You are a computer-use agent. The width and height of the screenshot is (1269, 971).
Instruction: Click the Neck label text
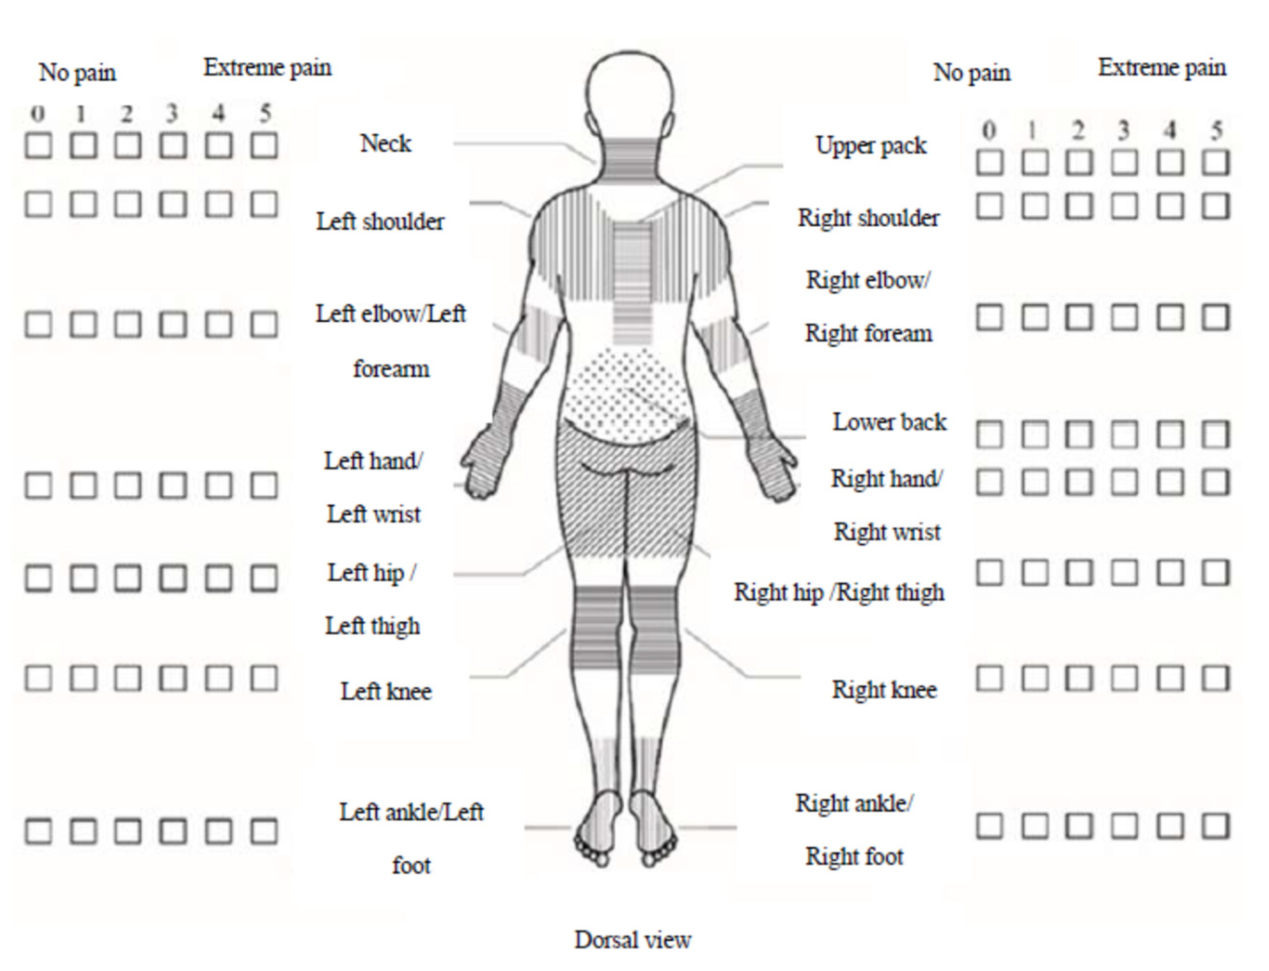click(386, 144)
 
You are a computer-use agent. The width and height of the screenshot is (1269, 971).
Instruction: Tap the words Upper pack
click(871, 145)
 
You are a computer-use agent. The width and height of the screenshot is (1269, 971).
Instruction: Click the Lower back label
click(889, 422)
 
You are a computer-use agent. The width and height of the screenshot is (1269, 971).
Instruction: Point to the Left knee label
click(386, 691)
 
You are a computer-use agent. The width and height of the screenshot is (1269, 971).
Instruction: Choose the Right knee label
click(884, 689)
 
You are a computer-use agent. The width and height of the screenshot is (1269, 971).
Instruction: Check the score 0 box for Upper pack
click(990, 163)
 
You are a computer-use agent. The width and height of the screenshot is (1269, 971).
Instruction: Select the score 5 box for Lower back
click(1215, 434)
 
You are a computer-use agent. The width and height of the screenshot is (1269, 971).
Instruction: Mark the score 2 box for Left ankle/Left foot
click(128, 831)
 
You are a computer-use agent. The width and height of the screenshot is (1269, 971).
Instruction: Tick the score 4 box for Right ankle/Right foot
click(1170, 826)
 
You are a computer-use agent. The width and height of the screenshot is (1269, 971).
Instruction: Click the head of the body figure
click(629, 93)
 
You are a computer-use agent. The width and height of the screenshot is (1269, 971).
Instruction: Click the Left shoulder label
click(380, 221)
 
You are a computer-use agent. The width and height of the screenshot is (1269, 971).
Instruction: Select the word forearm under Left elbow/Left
click(391, 369)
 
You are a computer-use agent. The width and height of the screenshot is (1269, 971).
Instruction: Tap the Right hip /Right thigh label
click(839, 592)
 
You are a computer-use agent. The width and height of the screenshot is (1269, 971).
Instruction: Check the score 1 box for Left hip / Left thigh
click(83, 578)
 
